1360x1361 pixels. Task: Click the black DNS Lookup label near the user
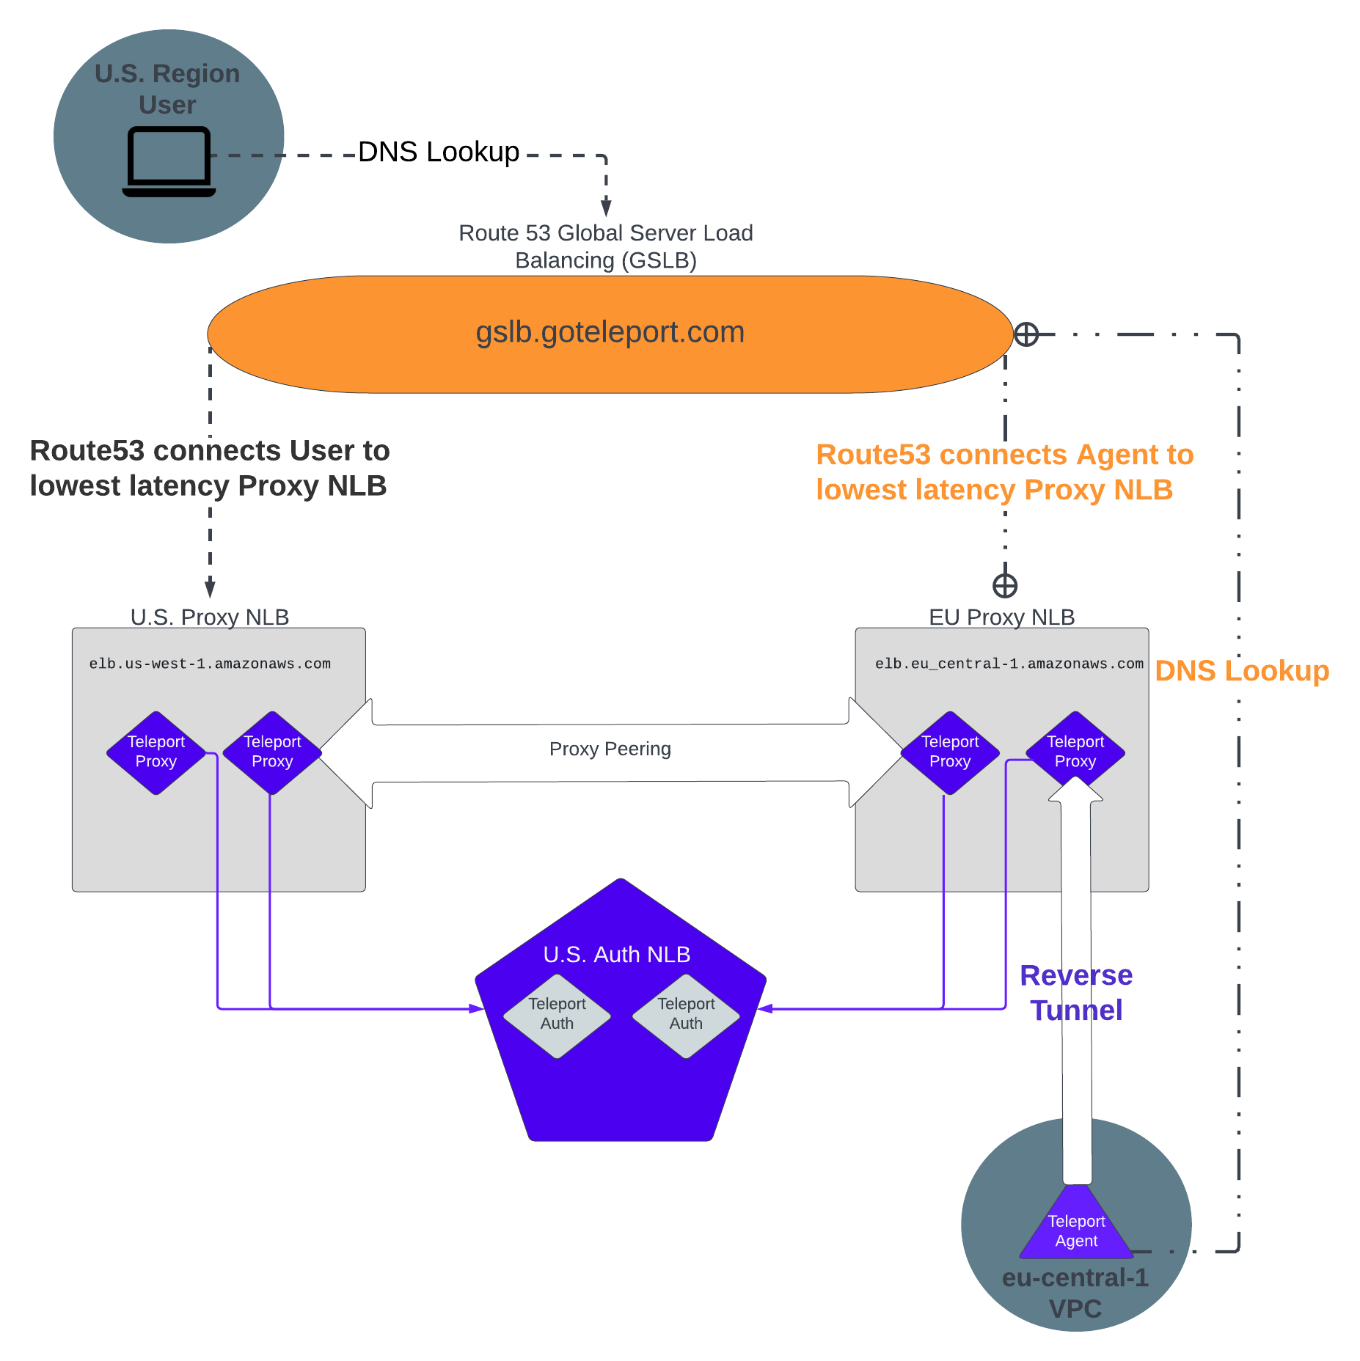click(438, 152)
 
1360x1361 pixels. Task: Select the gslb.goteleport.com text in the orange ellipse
click(610, 332)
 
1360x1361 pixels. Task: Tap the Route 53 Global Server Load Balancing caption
click(605, 246)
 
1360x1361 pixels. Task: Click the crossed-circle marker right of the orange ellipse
click(1026, 334)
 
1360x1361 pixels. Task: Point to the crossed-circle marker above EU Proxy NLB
click(1004, 586)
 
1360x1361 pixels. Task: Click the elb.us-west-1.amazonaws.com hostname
click(210, 664)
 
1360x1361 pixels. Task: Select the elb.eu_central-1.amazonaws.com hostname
click(1009, 664)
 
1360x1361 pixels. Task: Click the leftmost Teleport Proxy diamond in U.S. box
click(156, 752)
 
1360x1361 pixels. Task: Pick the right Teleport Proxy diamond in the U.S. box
click(272, 752)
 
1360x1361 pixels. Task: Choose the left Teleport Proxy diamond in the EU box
click(949, 752)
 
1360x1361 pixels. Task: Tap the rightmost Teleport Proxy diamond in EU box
click(1075, 751)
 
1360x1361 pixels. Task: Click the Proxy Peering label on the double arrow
click(610, 749)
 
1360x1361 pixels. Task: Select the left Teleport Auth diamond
click(557, 1015)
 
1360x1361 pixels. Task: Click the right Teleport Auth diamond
click(686, 1015)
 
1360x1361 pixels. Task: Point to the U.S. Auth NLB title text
click(616, 954)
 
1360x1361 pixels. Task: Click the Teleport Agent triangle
click(1075, 1229)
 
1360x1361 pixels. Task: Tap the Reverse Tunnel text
click(1075, 993)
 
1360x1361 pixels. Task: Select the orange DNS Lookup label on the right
click(1241, 671)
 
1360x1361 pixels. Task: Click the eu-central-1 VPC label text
click(1075, 1293)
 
